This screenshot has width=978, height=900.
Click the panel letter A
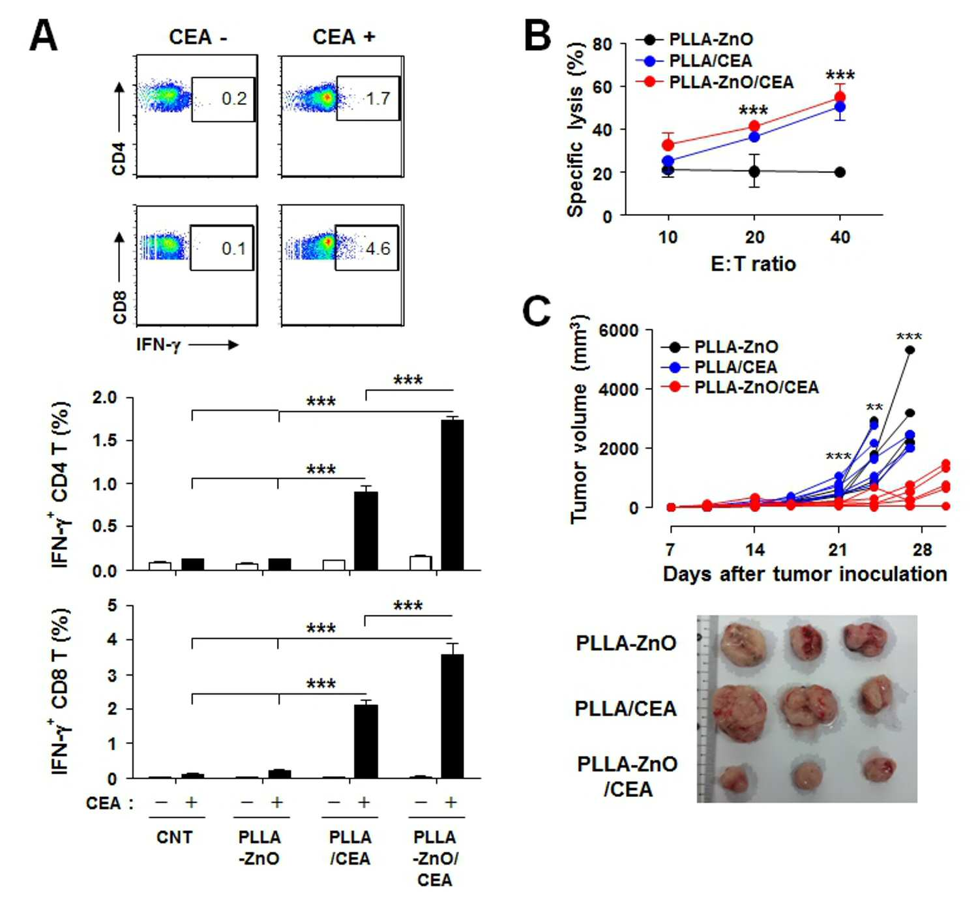44,37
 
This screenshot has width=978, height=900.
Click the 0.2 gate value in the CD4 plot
234,98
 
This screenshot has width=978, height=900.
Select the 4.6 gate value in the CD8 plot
378,248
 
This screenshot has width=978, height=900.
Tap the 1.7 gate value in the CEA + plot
378,98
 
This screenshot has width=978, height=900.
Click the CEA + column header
344,37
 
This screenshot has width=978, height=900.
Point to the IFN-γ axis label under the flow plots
158,345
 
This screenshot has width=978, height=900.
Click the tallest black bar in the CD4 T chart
452,494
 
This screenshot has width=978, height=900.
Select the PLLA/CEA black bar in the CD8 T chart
366,741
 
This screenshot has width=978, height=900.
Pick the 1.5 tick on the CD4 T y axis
106,440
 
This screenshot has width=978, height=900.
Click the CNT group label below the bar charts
175,837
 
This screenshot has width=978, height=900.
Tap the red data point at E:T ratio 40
840,97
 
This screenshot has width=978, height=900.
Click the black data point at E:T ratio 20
754,172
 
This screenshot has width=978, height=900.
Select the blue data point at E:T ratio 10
668,160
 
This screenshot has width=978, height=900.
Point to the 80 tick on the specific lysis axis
602,44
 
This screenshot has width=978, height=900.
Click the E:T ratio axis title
753,264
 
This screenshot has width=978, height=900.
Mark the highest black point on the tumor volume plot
910,350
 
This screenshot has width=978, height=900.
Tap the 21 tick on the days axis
838,550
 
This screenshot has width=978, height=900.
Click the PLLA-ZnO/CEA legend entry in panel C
739,387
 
